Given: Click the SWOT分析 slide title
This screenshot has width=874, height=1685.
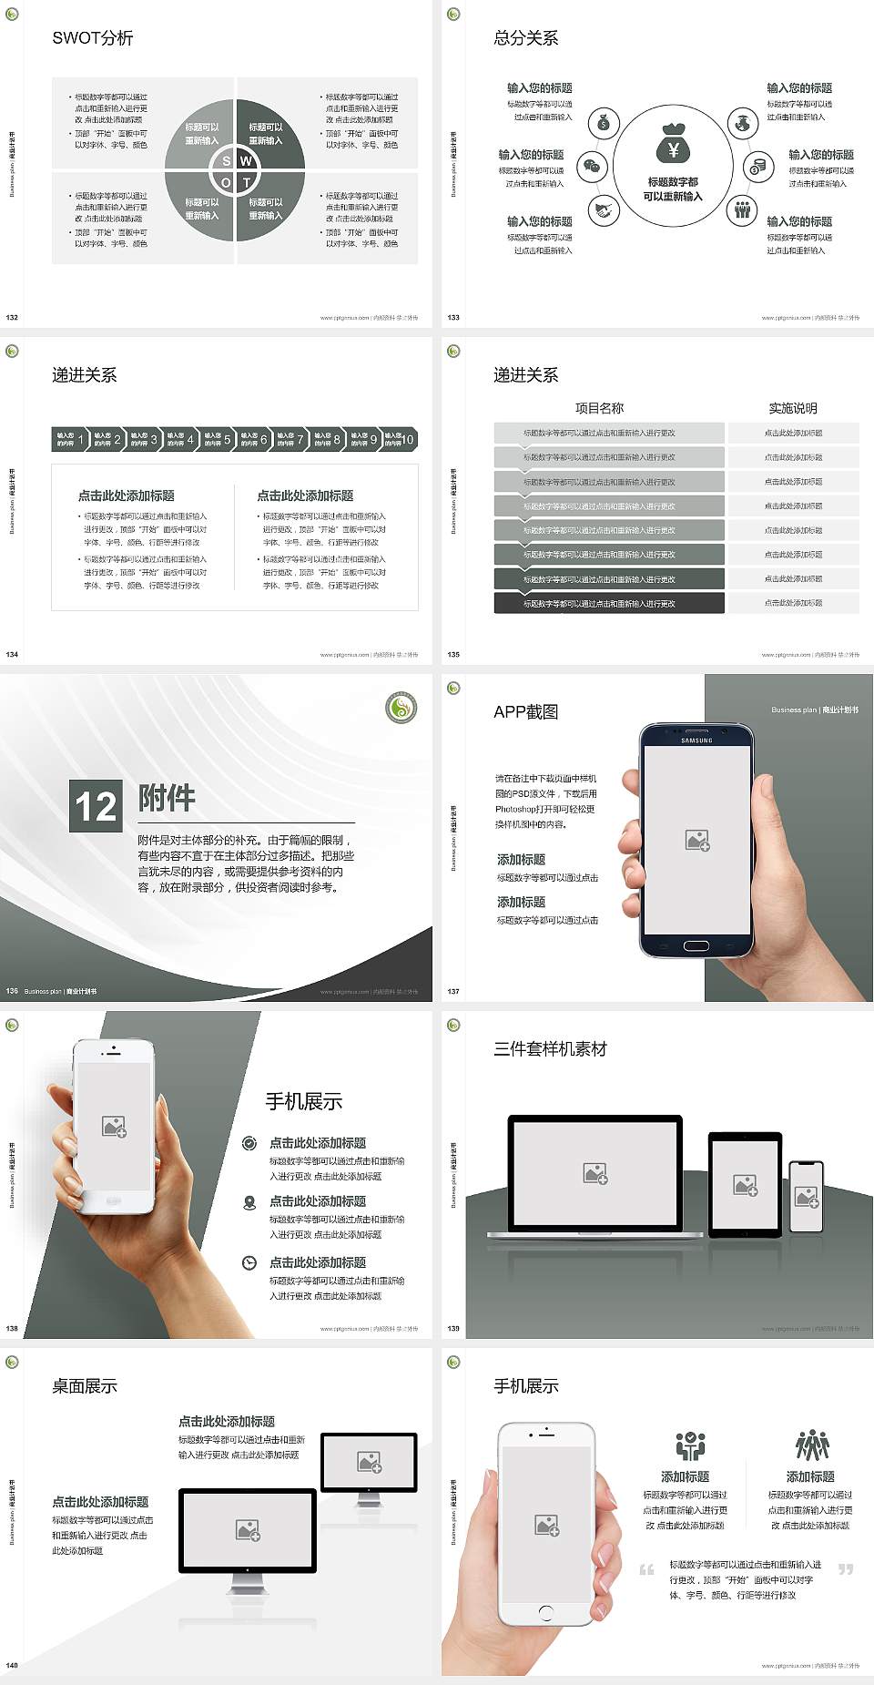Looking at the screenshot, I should click(93, 38).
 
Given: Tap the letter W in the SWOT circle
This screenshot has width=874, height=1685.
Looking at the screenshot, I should click(246, 161).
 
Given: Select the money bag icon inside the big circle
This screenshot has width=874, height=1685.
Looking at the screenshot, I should click(673, 143).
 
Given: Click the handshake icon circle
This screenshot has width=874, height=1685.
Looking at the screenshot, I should click(603, 211).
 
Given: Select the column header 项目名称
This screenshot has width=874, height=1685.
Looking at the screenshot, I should click(599, 408).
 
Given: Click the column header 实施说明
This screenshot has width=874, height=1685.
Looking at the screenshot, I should click(793, 408).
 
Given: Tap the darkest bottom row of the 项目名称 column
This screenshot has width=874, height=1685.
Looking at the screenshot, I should click(608, 603).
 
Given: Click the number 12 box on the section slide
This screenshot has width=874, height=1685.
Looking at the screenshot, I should click(96, 806).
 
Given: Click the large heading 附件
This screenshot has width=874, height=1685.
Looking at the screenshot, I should click(167, 798).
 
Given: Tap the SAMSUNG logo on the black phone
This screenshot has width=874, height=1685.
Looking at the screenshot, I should click(696, 740).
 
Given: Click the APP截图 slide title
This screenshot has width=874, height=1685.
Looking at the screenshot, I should click(525, 712).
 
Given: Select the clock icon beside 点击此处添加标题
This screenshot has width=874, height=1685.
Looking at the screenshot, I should click(249, 1262).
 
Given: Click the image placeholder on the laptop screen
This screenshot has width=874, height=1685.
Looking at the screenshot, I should click(595, 1173).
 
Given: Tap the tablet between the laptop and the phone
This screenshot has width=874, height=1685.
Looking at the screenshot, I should click(745, 1184).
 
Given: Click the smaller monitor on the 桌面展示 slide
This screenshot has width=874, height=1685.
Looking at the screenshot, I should click(370, 1463).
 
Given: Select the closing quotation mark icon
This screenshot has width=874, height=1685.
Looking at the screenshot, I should click(846, 1568).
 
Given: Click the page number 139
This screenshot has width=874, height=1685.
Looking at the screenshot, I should click(453, 1328).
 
